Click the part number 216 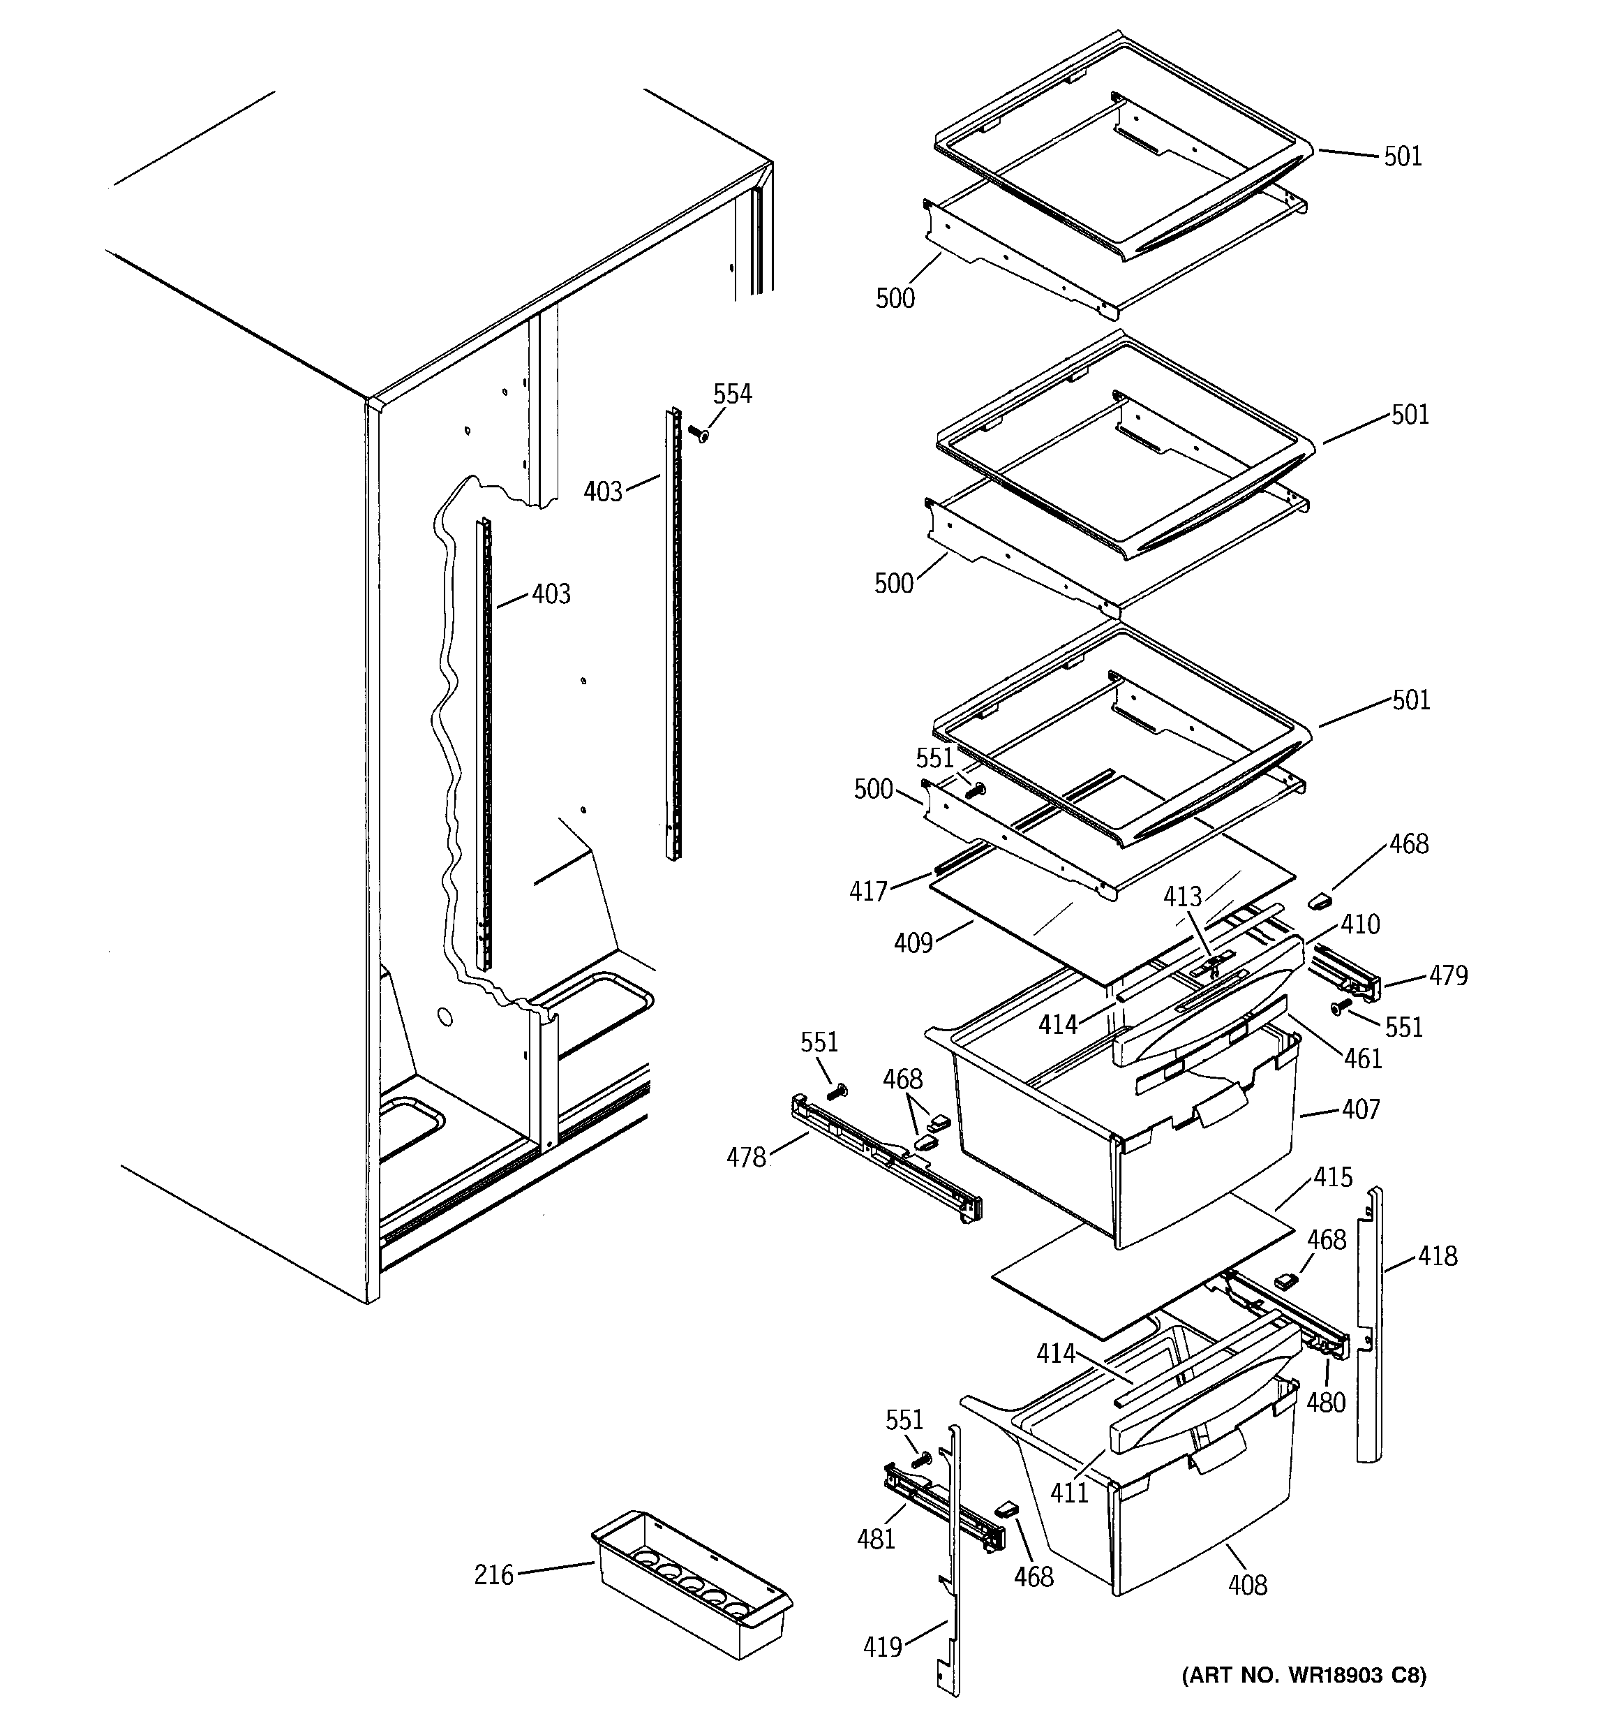[493, 1574]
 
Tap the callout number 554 [732, 394]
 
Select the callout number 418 [1438, 1255]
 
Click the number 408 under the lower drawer [1247, 1585]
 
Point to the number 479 [1448, 975]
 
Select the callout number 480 [1325, 1401]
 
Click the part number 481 [875, 1539]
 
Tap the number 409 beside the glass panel [913, 943]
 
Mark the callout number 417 [868, 891]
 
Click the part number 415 [1332, 1177]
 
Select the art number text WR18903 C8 [1304, 1674]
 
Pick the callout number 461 [1363, 1058]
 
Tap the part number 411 [1069, 1493]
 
